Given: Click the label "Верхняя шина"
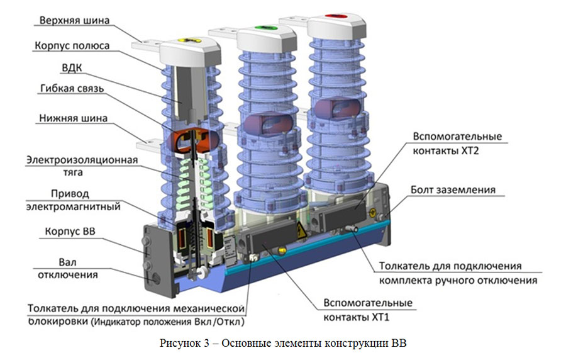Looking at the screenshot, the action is point(74,20).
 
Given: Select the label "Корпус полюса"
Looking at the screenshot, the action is point(72,46).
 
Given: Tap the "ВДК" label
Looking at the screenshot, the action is point(72,68).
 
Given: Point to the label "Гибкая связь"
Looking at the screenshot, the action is point(72,89).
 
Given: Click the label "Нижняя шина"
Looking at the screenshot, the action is point(74,118).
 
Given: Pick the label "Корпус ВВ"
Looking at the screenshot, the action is point(70,232).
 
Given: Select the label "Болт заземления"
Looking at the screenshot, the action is point(453,190).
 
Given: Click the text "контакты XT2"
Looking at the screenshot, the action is point(446,150).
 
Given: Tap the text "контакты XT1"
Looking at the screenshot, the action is point(357,317).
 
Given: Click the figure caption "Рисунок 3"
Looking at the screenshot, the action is point(184,344).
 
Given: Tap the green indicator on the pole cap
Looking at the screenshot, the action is point(266,28).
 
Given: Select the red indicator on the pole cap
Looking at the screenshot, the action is point(336,16).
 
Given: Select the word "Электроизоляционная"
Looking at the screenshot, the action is point(82,160).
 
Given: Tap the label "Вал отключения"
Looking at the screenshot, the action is point(68,269).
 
